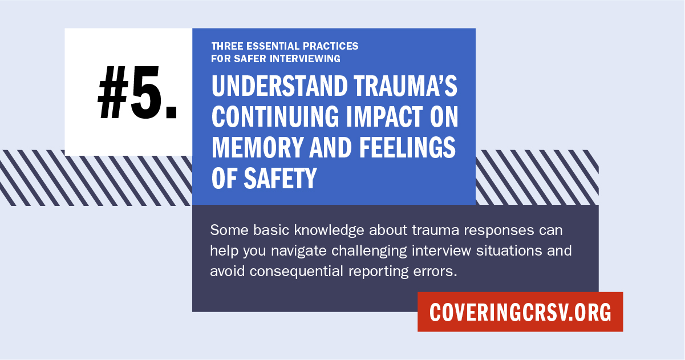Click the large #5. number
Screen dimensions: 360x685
pyautogui.click(x=137, y=93)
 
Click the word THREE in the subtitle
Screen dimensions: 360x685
pyautogui.click(x=225, y=46)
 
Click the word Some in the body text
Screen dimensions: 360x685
pyautogui.click(x=225, y=231)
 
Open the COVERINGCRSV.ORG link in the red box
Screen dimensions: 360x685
pyautogui.click(x=520, y=312)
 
